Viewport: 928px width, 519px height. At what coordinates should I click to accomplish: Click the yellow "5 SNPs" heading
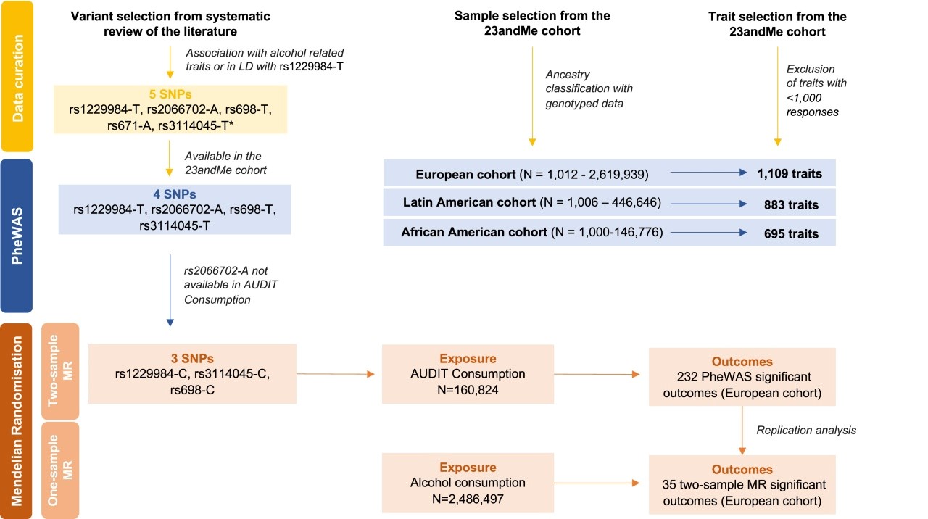pos(170,94)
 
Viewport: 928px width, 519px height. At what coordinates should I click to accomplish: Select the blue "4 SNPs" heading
pos(175,194)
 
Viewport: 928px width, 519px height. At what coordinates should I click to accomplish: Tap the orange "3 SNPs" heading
pos(192,358)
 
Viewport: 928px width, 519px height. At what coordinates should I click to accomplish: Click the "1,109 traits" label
pos(790,173)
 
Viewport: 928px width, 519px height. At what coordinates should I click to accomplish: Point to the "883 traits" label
pos(791,204)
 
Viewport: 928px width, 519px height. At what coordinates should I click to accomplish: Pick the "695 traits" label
pos(791,233)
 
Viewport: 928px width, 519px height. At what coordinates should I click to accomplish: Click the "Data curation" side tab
pos(17,76)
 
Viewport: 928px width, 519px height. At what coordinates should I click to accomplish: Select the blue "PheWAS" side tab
pos(17,236)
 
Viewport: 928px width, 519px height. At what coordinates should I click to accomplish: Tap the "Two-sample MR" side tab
pos(60,371)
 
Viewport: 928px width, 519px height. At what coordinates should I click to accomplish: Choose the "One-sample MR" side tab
pos(60,470)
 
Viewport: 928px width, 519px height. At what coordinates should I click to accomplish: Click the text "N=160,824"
pos(468,390)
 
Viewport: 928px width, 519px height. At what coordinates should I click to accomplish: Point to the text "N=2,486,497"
pos(468,499)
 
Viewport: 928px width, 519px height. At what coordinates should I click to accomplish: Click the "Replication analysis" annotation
pos(806,430)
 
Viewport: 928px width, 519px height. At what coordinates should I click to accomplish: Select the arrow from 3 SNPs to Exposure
pos(336,374)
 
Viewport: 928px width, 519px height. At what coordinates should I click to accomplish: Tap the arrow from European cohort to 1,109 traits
pos(708,173)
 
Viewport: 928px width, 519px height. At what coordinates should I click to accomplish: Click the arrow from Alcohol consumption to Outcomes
pos(597,483)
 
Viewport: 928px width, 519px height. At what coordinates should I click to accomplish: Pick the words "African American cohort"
pos(474,232)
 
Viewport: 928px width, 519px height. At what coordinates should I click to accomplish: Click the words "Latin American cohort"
pos(469,202)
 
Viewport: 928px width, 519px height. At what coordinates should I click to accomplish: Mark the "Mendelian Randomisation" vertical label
pos(17,421)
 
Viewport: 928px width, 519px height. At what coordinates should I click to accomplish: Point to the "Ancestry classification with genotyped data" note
pos(589,88)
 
